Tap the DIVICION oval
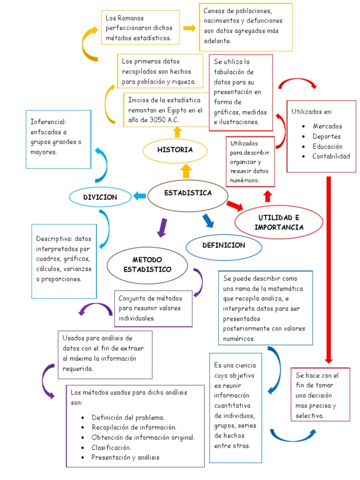pyautogui.click(x=100, y=197)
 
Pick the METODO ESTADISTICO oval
pyautogui.click(x=147, y=265)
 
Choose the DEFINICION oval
pyautogui.click(x=224, y=246)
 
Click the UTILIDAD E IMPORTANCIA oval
pyautogui.click(x=279, y=223)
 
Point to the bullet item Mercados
pyautogui.click(x=327, y=126)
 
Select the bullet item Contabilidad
pyautogui.click(x=331, y=156)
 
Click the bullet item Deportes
pyautogui.click(x=327, y=136)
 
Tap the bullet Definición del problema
pyautogui.click(x=128, y=417)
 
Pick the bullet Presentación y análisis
pyautogui.click(x=125, y=457)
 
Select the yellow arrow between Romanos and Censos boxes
pyautogui.click(x=189, y=28)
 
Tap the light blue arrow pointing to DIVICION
pyautogui.click(x=140, y=196)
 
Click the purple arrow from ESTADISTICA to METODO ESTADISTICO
pyautogui.click(x=162, y=227)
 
